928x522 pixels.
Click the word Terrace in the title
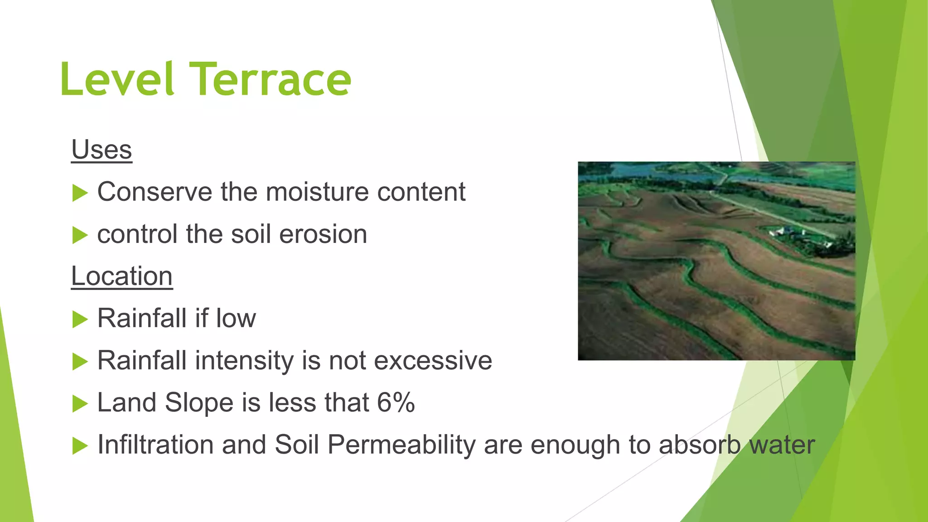click(x=271, y=80)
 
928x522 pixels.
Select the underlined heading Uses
click(x=101, y=150)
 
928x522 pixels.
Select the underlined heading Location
click(x=122, y=276)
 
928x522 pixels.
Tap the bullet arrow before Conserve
click(x=80, y=193)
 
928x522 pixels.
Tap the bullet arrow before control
click(x=80, y=235)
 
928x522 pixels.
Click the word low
click(x=236, y=318)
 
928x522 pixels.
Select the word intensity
click(x=244, y=361)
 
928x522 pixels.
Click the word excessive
click(x=433, y=361)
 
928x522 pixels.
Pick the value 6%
click(x=396, y=402)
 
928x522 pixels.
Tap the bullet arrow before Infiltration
click(x=80, y=446)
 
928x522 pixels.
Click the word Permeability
click(x=401, y=445)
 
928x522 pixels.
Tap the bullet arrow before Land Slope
click(x=80, y=404)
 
